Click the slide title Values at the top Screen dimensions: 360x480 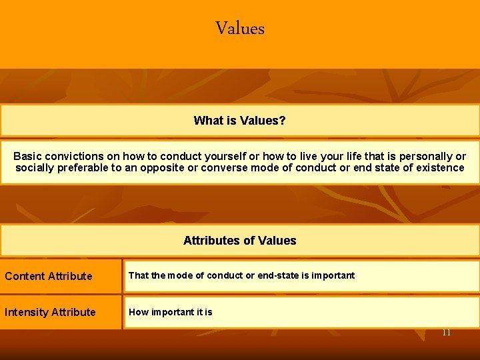pyautogui.click(x=240, y=29)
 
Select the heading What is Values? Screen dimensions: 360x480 pyautogui.click(x=240, y=121)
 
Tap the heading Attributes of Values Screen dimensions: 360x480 pyautogui.click(x=240, y=241)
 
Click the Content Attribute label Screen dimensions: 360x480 pyautogui.click(x=49, y=276)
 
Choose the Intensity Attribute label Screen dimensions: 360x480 pyautogui.click(x=50, y=312)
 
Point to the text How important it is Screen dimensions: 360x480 pyautogui.click(x=171, y=312)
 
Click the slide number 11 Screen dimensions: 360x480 pyautogui.click(x=447, y=332)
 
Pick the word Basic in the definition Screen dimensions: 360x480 pyautogui.click(x=27, y=156)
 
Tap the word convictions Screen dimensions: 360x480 pyautogui.click(x=71, y=156)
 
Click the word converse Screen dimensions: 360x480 pyautogui.click(x=222, y=168)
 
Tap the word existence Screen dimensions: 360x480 pyautogui.click(x=439, y=168)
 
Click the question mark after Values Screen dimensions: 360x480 pyautogui.click(x=283, y=121)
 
